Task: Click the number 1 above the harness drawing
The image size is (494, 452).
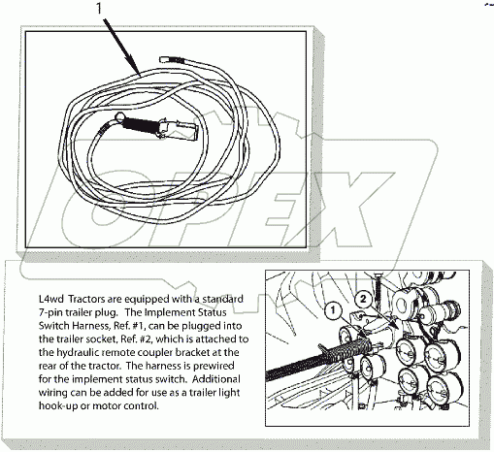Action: [99, 8]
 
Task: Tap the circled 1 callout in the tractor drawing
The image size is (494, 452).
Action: [333, 310]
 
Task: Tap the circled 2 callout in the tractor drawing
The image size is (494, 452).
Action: [363, 299]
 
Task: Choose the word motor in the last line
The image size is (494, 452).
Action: [106, 405]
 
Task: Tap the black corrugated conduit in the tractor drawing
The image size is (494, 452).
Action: [317, 359]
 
